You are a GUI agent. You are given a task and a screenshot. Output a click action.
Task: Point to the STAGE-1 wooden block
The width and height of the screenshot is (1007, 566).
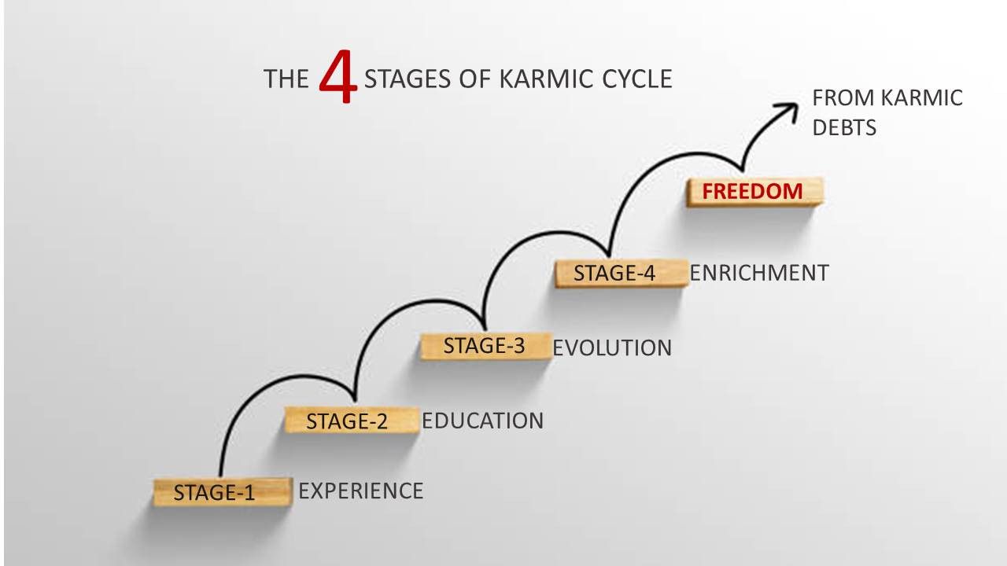221,492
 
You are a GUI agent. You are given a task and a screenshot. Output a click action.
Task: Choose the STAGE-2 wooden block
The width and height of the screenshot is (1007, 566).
350,421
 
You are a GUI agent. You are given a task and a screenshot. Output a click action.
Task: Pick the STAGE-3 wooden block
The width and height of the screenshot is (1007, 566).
483,346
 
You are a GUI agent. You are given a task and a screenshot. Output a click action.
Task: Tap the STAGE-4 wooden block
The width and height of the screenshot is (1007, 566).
618,273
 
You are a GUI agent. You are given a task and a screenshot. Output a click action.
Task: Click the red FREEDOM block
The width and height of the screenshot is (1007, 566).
753,191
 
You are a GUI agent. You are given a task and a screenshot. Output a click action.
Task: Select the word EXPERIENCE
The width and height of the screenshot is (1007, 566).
361,491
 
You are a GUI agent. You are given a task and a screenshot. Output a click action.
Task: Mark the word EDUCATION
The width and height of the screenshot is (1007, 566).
482,421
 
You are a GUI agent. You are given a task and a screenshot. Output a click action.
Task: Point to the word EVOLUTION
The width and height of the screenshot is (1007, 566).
612,348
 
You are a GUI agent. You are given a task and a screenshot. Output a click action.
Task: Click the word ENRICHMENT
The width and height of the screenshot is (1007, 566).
759,273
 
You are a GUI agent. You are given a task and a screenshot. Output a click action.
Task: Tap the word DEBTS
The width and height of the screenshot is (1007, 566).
844,127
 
